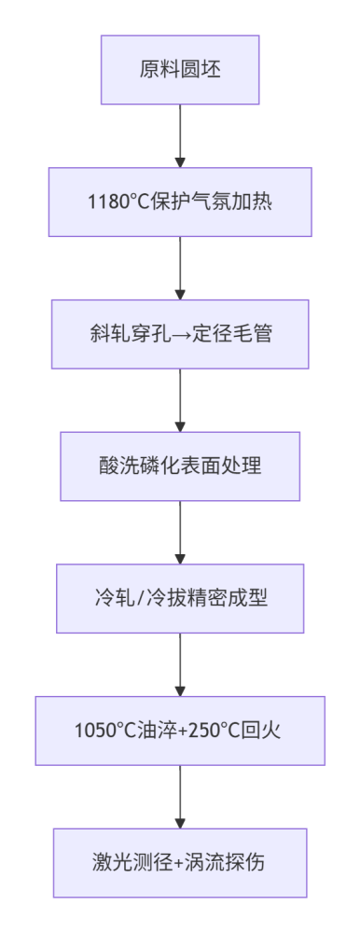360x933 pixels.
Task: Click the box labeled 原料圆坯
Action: (180, 70)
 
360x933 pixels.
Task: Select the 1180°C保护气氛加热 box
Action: (180, 202)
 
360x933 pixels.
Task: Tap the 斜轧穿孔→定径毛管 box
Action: (180, 334)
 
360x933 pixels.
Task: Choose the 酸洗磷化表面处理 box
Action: (180, 466)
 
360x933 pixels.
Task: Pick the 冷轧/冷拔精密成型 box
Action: (180, 598)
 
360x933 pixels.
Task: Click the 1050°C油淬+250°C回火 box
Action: (180, 731)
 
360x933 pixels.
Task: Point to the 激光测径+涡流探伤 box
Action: (180, 863)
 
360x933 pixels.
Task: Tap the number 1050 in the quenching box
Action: (91, 731)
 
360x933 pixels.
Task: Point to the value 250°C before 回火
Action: (213, 731)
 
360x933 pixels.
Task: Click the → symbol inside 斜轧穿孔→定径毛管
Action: (180, 335)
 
